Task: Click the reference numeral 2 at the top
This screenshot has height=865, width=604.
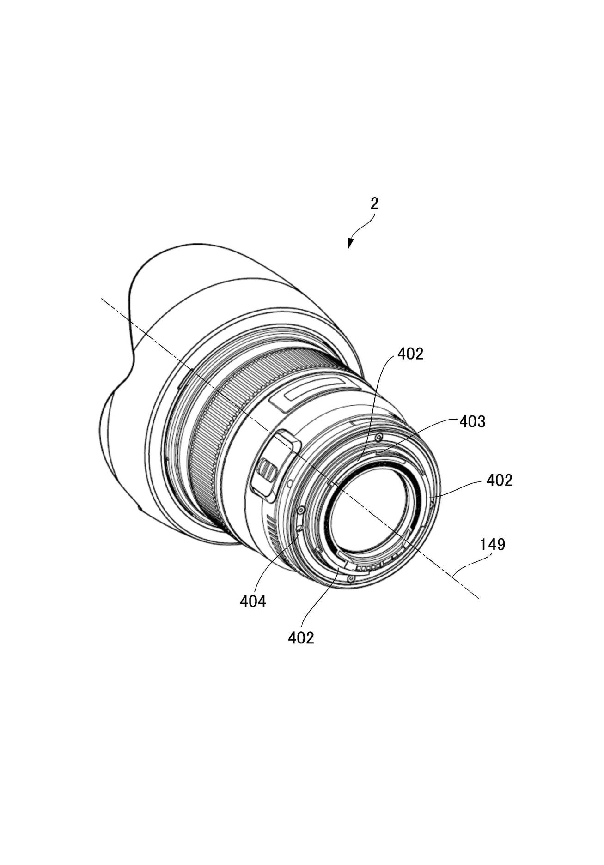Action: point(374,204)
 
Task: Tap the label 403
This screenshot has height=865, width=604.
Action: point(472,421)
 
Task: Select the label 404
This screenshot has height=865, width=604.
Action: point(253,601)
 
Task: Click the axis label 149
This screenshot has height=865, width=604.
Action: point(492,545)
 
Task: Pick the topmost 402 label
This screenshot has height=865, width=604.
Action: point(410,354)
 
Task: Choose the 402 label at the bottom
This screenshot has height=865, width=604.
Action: point(301,637)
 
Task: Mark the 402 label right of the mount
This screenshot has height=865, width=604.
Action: point(500,481)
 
